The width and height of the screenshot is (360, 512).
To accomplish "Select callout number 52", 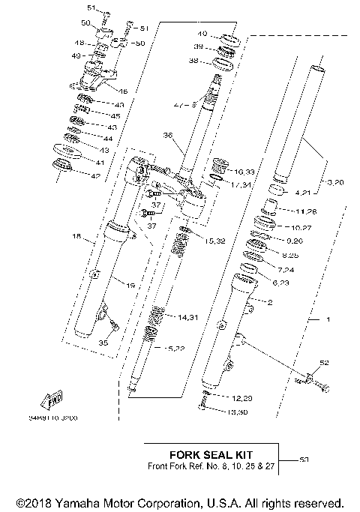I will pyautogui.click(x=324, y=363).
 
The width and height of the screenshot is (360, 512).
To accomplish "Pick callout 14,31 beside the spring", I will pyautogui.click(x=189, y=318).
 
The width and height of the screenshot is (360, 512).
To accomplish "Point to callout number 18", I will pyautogui.click(x=76, y=236).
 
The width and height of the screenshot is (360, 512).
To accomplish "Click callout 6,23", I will pyautogui.click(x=280, y=282).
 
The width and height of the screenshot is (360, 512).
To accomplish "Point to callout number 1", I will pyautogui.click(x=327, y=320).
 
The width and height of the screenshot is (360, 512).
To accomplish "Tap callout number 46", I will pyautogui.click(x=123, y=91).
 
